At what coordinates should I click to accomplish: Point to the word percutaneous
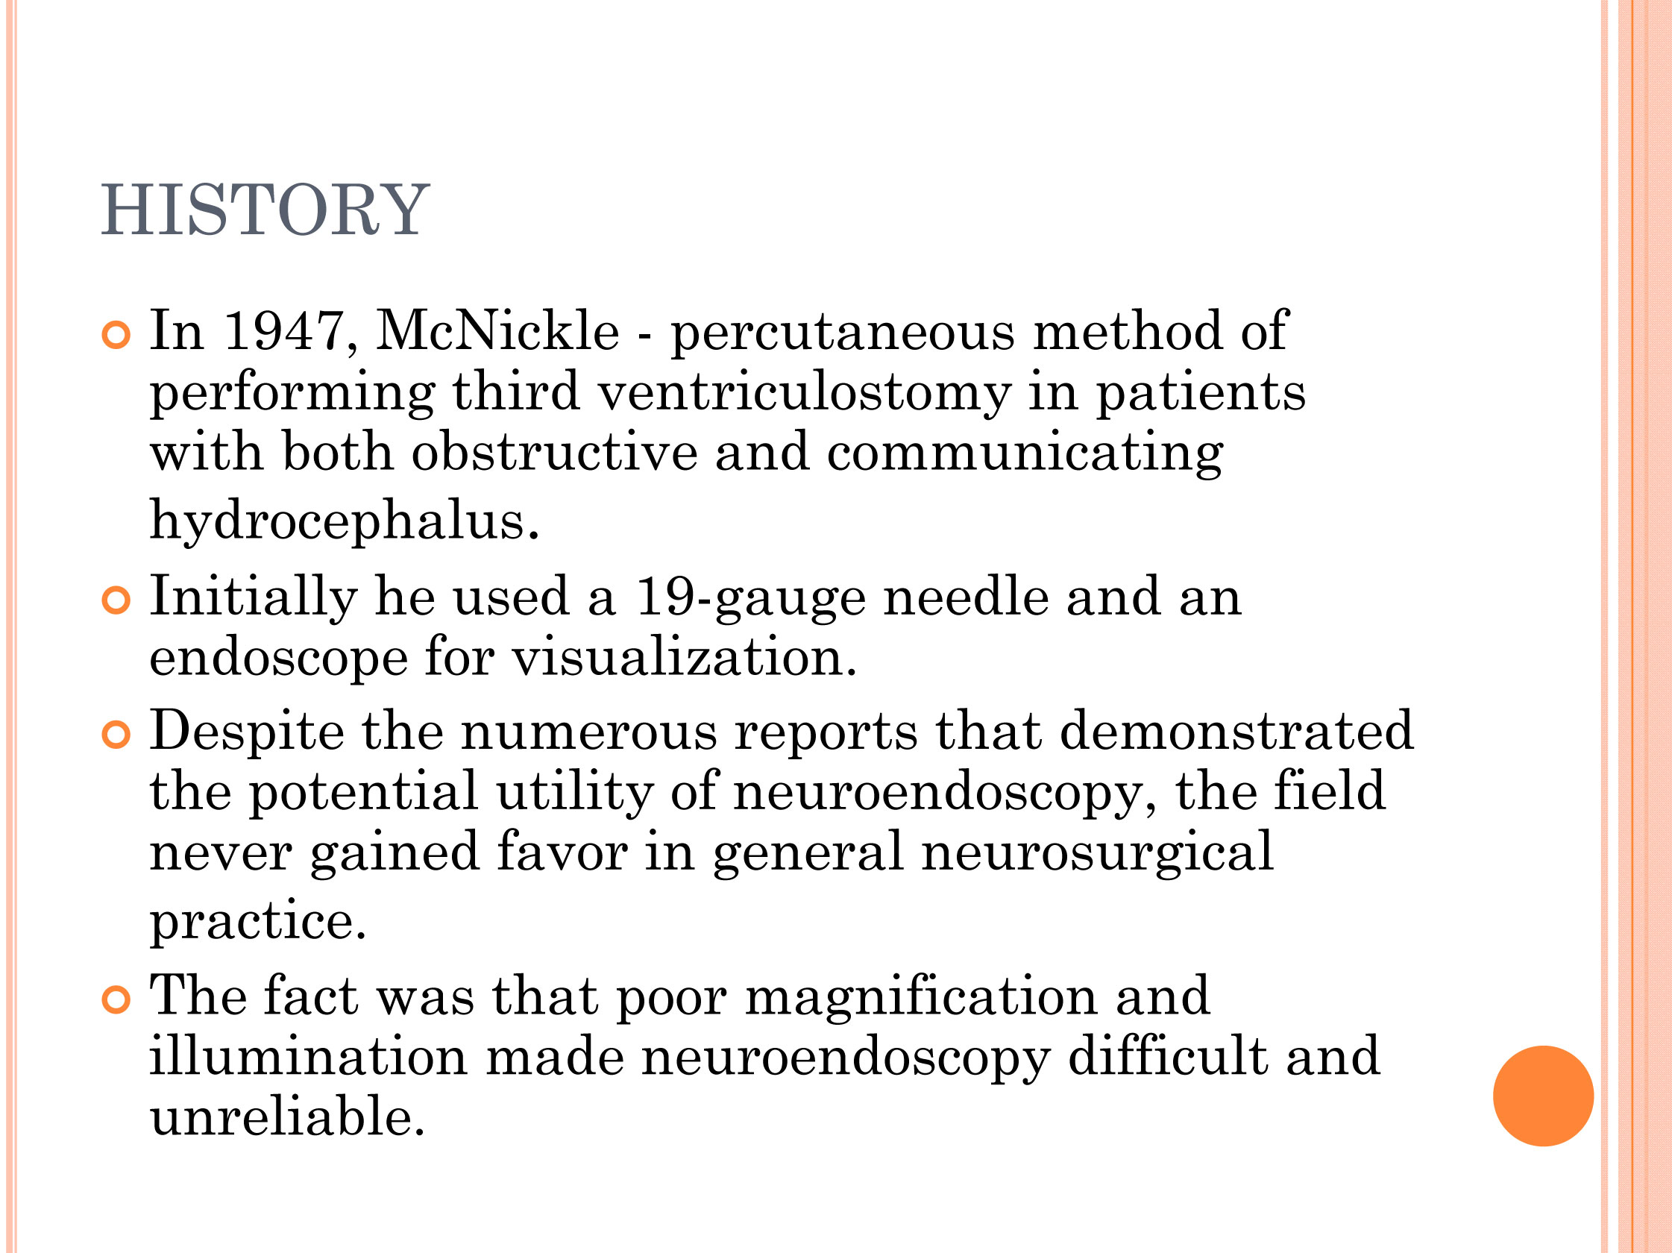click(842, 333)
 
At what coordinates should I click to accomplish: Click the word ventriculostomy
click(804, 393)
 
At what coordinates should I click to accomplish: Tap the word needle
click(966, 597)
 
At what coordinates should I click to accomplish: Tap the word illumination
click(309, 1057)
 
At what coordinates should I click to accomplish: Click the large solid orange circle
click(1543, 1096)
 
